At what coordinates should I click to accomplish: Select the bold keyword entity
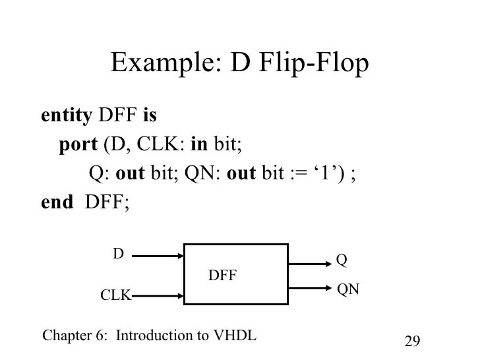[67, 117]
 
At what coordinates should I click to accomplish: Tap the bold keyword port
[77, 145]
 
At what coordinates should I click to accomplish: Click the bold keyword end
[57, 202]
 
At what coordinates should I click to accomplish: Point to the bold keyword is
[149, 117]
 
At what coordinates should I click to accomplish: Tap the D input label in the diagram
[118, 253]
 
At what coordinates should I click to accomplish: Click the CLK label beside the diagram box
[115, 295]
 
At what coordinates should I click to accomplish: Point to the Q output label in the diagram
[342, 261]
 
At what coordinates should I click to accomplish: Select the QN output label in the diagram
[348, 289]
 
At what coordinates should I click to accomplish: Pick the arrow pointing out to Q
[309, 263]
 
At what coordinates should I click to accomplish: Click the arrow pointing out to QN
[309, 288]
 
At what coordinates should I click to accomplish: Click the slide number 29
[411, 341]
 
